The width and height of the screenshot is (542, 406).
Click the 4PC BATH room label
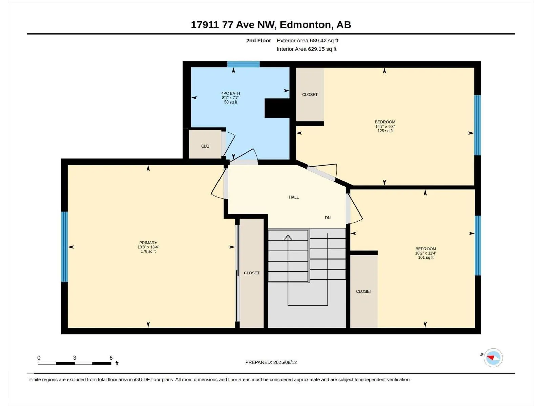pyautogui.click(x=230, y=93)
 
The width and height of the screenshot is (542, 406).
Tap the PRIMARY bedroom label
pyautogui.click(x=148, y=243)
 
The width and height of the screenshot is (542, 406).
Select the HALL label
pyautogui.click(x=294, y=197)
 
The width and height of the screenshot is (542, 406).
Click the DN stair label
pyautogui.click(x=328, y=218)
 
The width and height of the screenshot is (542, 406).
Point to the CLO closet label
pyautogui.click(x=205, y=146)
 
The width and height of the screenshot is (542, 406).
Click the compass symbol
pyautogui.click(x=493, y=358)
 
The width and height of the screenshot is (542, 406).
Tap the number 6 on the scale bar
pyautogui.click(x=111, y=357)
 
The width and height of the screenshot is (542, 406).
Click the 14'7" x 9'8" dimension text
pyautogui.click(x=385, y=126)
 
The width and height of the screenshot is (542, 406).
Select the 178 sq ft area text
pyautogui.click(x=148, y=251)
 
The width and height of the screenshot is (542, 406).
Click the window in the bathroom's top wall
pyautogui.click(x=244, y=64)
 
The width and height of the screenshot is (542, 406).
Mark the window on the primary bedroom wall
pyautogui.click(x=64, y=247)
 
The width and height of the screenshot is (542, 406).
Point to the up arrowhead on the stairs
pyautogui.click(x=288, y=237)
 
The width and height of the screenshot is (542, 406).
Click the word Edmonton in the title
pyautogui.click(x=305, y=25)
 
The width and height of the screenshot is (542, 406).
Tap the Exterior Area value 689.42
pyautogui.click(x=318, y=40)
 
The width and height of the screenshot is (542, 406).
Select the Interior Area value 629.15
pyautogui.click(x=316, y=49)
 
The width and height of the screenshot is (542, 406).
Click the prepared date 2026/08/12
pyautogui.click(x=285, y=362)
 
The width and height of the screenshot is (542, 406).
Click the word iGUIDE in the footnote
pyautogui.click(x=142, y=380)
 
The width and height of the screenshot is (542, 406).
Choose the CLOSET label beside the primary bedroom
pyautogui.click(x=252, y=273)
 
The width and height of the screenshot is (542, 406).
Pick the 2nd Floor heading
pyautogui.click(x=258, y=40)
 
